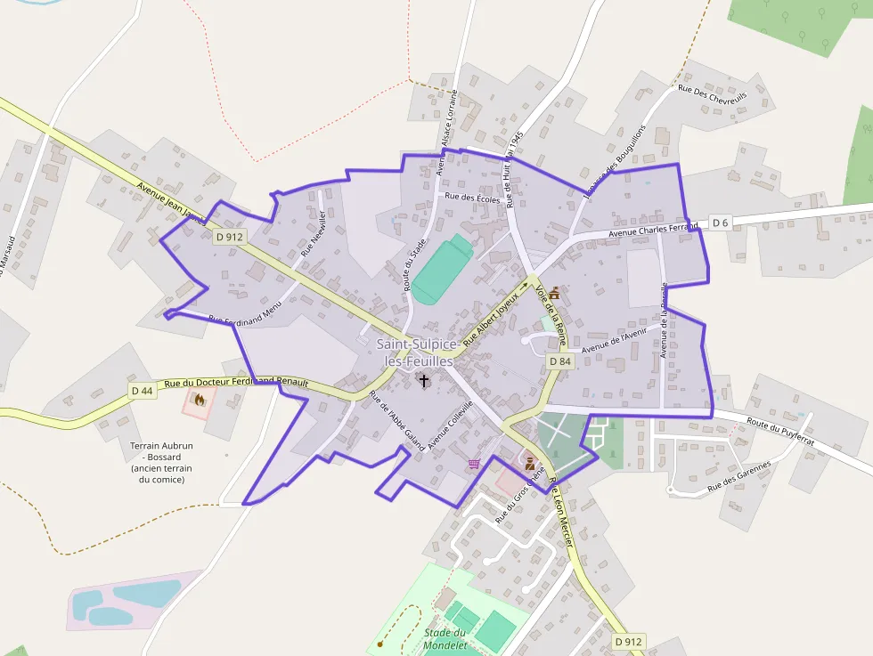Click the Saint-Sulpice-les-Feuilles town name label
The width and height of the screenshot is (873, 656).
[418, 352]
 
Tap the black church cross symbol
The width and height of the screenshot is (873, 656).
[424, 381]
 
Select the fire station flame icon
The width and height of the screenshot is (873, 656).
[199, 400]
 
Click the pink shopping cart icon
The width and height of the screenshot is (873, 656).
[474, 464]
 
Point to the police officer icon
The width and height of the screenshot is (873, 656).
[529, 462]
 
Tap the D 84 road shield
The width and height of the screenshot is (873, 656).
[559, 361]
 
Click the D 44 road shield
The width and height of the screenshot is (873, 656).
[143, 391]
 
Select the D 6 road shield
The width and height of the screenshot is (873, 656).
[720, 223]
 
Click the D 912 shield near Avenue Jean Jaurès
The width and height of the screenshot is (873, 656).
[230, 237]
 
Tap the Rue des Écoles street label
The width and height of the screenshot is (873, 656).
[472, 198]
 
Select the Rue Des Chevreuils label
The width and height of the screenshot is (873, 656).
[712, 94]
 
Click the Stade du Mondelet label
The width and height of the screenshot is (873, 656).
[445, 639]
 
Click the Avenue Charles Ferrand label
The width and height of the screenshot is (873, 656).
[653, 231]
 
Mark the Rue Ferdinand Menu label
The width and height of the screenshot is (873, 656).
[245, 312]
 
